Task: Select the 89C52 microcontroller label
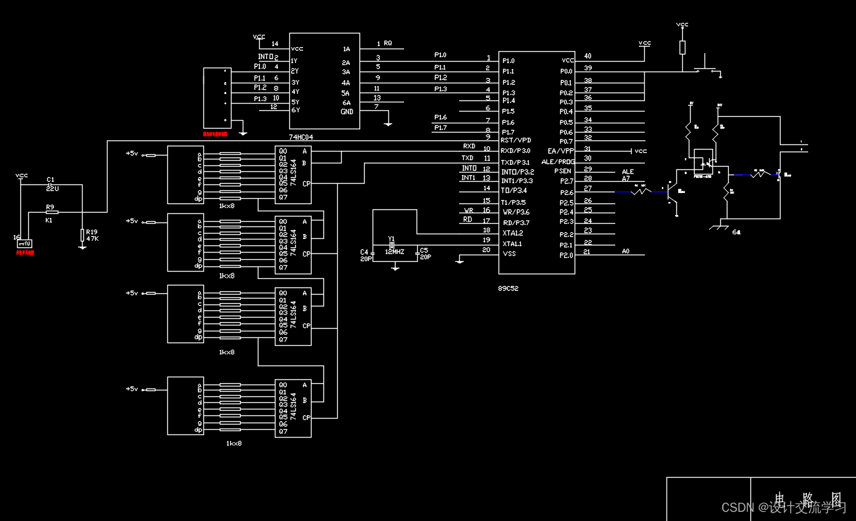(x=508, y=288)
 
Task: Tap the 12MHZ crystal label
(x=394, y=251)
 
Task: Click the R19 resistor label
(x=91, y=232)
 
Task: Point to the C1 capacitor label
(x=51, y=179)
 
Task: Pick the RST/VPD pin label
(x=516, y=140)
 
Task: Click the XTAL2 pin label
(x=512, y=233)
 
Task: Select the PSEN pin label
(x=562, y=171)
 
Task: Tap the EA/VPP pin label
(x=560, y=150)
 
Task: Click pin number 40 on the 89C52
(x=588, y=56)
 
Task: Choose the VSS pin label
(x=509, y=253)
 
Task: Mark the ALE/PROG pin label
(x=558, y=161)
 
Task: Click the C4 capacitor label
(x=364, y=251)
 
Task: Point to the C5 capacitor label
(x=424, y=250)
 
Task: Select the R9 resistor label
(x=50, y=207)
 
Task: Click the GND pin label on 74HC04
(x=347, y=112)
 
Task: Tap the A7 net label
(x=626, y=178)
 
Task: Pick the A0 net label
(x=626, y=251)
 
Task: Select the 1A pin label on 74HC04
(x=346, y=49)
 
